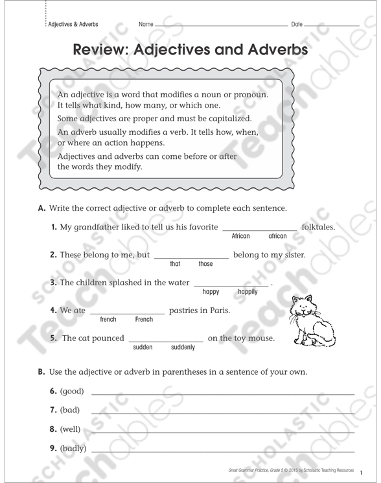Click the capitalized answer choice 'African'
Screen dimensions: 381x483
tap(240, 237)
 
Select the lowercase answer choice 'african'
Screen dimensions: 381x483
tap(277, 237)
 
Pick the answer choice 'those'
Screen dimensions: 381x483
tap(205, 265)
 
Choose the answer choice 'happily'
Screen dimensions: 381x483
tap(248, 292)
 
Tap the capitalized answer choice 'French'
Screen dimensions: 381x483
tap(144, 320)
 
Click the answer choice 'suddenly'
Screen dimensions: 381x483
tap(183, 348)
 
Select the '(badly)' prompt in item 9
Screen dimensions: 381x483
tap(73, 448)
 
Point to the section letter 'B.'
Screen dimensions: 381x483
tap(41, 372)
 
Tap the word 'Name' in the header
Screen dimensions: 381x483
tap(146, 25)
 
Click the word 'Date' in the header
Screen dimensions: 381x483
tap(297, 25)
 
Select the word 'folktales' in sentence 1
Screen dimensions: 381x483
tap(317, 228)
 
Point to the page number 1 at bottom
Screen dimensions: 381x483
tap(362, 472)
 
